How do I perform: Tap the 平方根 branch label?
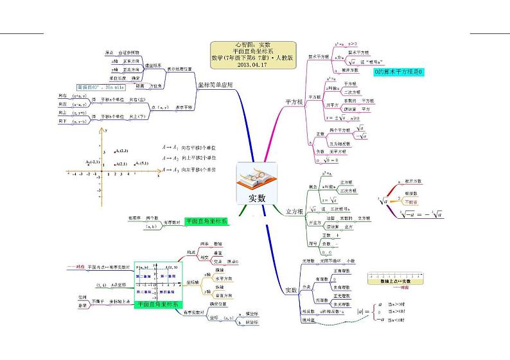click(x=294, y=103)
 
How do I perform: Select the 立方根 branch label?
click(x=294, y=211)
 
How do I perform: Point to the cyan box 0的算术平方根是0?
click(x=400, y=73)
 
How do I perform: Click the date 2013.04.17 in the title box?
click(x=254, y=64)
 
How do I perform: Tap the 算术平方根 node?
click(x=319, y=56)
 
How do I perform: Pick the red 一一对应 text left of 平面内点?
click(x=75, y=266)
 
